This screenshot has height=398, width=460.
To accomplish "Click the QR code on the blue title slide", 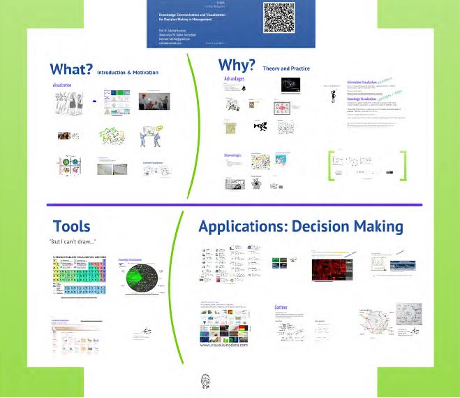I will [278, 17].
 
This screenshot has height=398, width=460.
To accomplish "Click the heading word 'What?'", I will [71, 69].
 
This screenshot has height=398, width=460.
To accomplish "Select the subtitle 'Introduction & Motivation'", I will [128, 72].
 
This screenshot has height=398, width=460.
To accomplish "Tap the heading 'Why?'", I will [237, 66].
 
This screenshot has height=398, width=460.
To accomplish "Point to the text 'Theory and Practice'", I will [286, 69].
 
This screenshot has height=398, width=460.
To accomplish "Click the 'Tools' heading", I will [72, 227].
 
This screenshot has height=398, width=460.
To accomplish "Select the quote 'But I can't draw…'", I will [73, 242].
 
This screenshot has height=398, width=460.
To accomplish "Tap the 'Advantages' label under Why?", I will [235, 80].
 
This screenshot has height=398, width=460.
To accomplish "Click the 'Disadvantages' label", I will [237, 155].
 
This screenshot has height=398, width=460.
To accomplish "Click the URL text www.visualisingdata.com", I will [224, 345].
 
